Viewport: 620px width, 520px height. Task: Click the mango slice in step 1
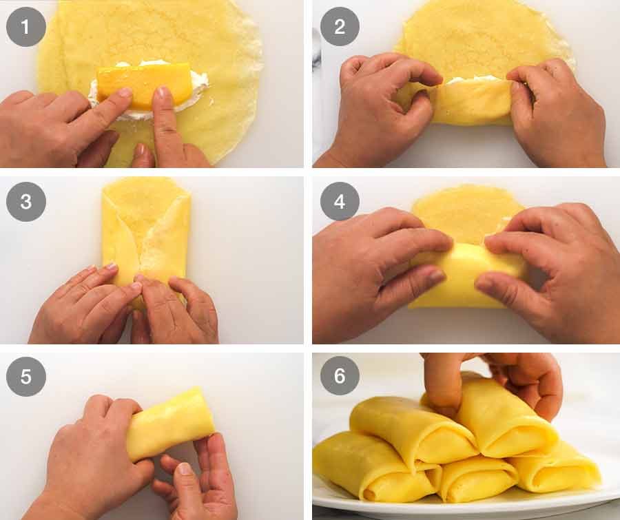(145, 83)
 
